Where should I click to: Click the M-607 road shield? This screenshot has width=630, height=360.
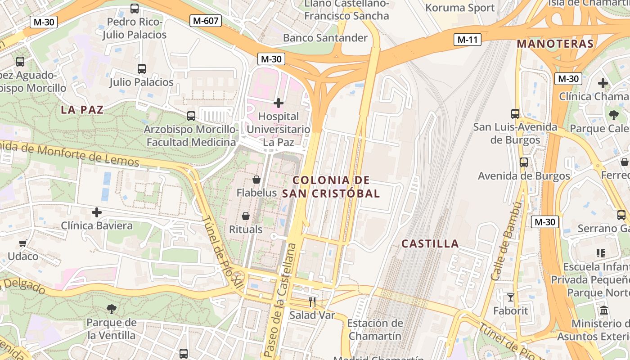(206, 20)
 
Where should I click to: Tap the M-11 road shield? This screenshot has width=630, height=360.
(467, 40)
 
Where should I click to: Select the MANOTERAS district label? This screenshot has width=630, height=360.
(555, 44)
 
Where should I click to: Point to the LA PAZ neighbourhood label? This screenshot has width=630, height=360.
(82, 109)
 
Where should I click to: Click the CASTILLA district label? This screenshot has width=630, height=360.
(430, 244)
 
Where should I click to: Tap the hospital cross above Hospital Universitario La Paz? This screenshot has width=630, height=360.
(279, 103)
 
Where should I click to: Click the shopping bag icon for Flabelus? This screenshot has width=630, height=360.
(256, 180)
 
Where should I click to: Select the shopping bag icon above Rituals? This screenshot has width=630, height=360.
(246, 216)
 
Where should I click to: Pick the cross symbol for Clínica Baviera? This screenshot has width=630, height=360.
(97, 212)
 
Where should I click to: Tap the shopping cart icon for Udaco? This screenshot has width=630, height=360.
(22, 243)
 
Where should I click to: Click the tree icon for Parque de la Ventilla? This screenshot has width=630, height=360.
(111, 309)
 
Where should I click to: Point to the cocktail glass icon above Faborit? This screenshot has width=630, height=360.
(511, 297)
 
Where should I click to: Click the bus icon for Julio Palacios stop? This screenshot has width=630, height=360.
(142, 69)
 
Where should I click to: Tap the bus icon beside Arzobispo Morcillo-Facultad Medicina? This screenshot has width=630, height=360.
(191, 116)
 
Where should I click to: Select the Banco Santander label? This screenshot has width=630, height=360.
(325, 38)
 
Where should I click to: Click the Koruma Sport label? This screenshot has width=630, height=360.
(460, 8)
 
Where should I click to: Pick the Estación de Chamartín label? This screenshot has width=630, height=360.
(375, 329)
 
